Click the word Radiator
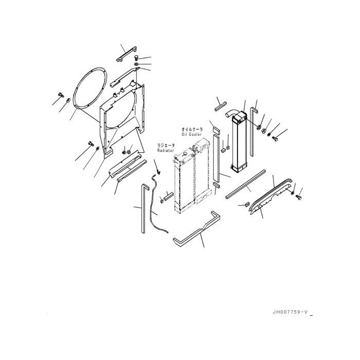click(165, 150)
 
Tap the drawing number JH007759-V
click(292, 312)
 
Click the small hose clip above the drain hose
click(158, 166)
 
